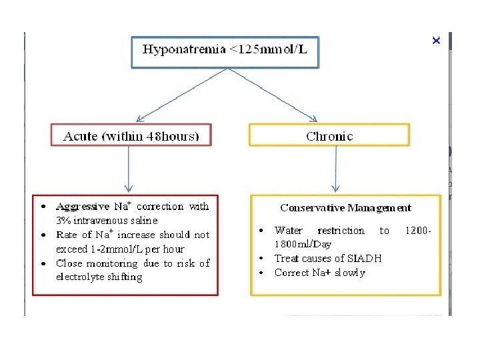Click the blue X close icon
point(436,41)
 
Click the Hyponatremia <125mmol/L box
point(225,50)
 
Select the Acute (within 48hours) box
point(131,136)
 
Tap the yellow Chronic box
point(329,136)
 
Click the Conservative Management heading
point(345,208)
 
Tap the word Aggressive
point(83,207)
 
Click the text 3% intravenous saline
point(107,220)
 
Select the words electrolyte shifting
point(99,277)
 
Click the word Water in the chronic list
point(288,231)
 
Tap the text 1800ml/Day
point(303,245)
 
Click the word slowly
point(350,273)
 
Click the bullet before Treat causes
point(261,259)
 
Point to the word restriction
point(341,231)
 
